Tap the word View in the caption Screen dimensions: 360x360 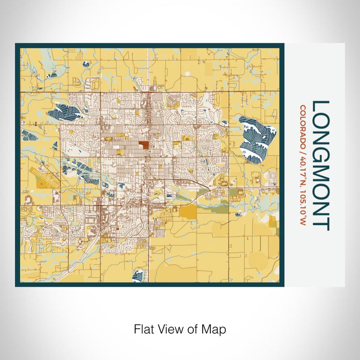click(x=169, y=328)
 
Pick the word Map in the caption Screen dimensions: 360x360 click(x=216, y=328)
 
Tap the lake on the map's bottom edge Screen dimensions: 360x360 click(x=137, y=276)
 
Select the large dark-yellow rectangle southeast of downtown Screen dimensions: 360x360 click(x=189, y=211)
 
